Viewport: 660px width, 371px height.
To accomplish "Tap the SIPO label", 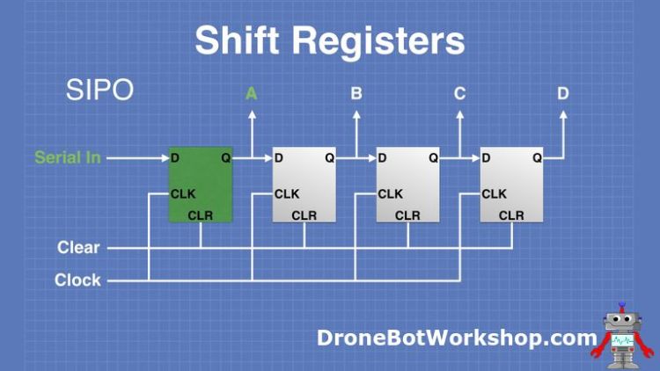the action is pyautogui.click(x=99, y=90).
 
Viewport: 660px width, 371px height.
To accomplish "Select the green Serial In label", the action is pyautogui.click(x=67, y=158).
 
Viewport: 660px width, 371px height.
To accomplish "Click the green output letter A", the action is pyautogui.click(x=252, y=93).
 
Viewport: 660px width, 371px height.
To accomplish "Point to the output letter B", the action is pyautogui.click(x=356, y=93).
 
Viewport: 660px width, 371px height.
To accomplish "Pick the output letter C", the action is pyautogui.click(x=460, y=93).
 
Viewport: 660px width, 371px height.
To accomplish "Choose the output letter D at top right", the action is pyautogui.click(x=563, y=93).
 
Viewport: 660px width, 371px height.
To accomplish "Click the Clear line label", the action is pyautogui.click(x=78, y=248).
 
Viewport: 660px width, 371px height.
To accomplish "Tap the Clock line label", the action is pyautogui.click(x=77, y=280).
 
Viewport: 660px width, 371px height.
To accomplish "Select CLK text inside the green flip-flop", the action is pyautogui.click(x=183, y=193).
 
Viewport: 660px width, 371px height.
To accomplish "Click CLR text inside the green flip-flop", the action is pyautogui.click(x=201, y=216).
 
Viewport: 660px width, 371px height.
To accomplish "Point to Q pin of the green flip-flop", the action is pyautogui.click(x=225, y=158).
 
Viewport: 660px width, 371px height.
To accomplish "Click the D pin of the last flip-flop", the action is pyautogui.click(x=486, y=158).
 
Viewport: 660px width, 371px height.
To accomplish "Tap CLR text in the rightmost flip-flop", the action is pyautogui.click(x=511, y=216).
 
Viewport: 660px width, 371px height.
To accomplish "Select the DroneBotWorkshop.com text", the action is pyautogui.click(x=457, y=337).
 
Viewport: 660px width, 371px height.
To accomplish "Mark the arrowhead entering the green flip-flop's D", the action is pyautogui.click(x=164, y=158).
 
